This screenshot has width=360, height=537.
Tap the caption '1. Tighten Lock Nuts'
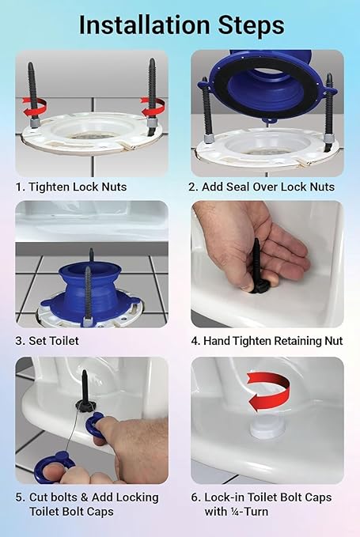click(x=71, y=187)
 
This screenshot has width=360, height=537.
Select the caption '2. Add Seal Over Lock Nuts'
click(x=261, y=187)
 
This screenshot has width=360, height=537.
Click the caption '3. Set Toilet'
click(x=47, y=341)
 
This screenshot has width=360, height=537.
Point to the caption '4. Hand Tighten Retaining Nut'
click(x=266, y=341)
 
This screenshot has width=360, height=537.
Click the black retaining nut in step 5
click(x=84, y=404)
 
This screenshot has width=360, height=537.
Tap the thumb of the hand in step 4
click(x=237, y=273)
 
